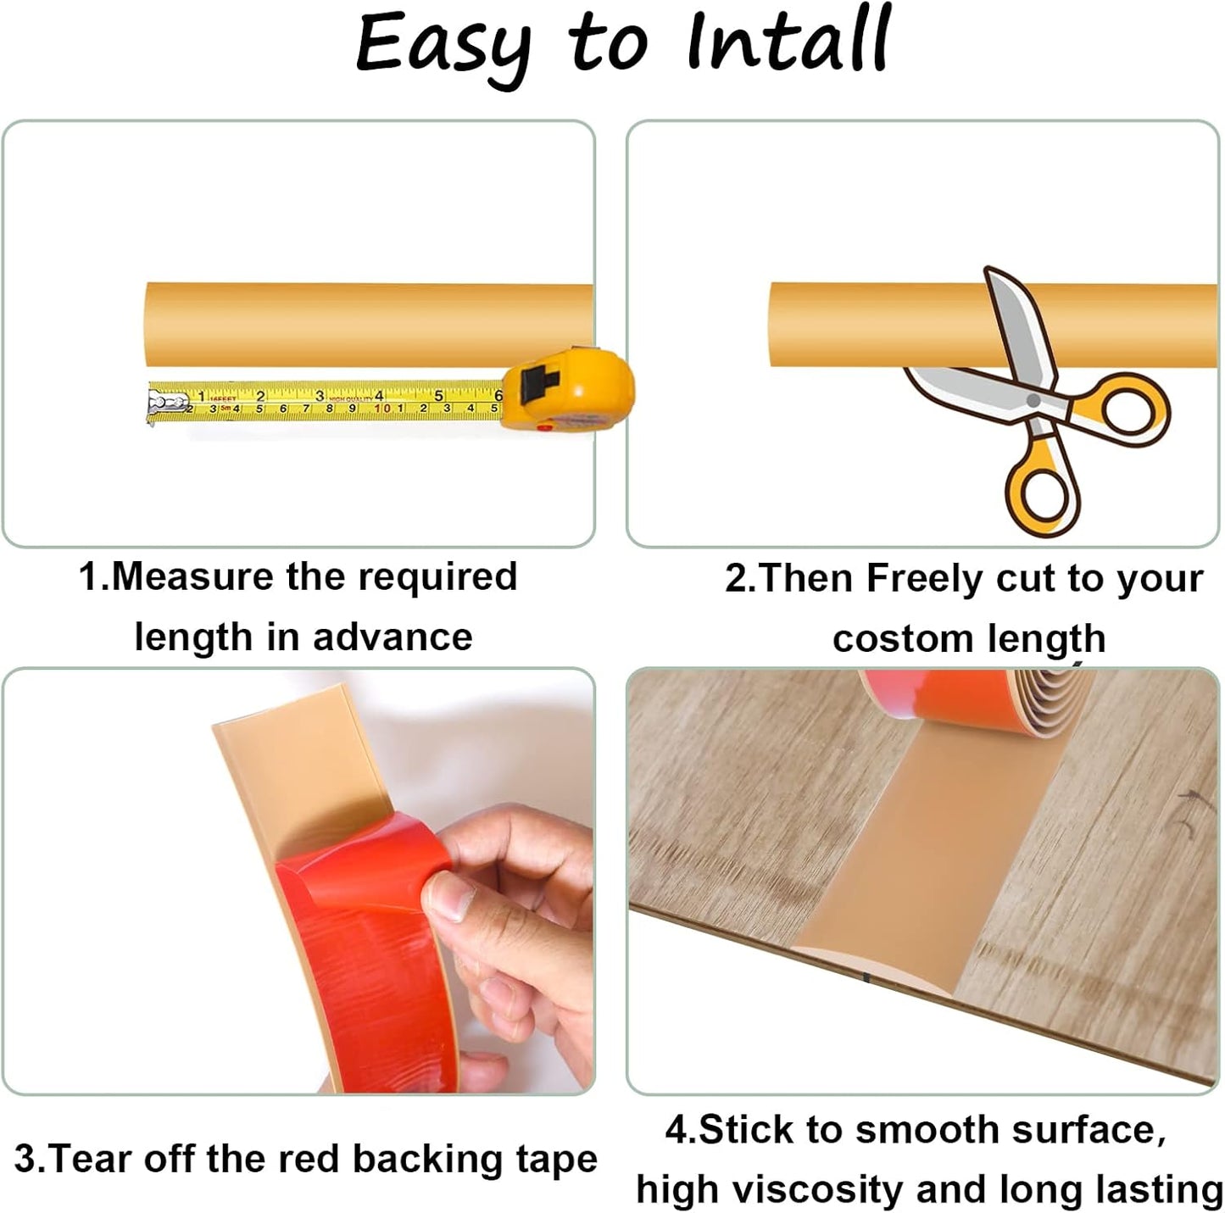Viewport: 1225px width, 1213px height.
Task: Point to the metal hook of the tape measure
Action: point(158,404)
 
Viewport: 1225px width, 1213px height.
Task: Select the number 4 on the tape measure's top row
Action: point(379,395)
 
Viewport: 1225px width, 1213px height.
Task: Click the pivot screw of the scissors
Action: point(1033,399)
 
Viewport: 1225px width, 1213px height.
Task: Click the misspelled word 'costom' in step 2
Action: point(893,639)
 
